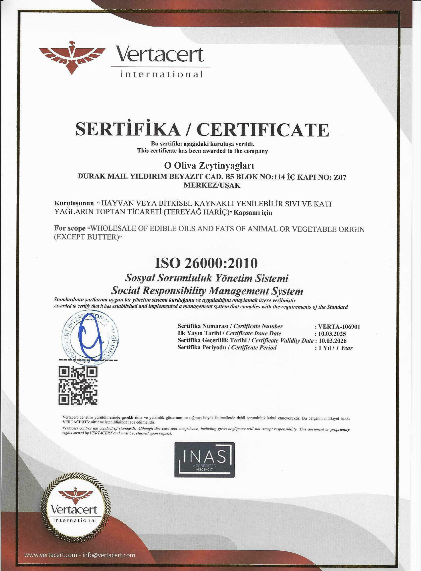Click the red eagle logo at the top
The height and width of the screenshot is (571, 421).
coord(72,57)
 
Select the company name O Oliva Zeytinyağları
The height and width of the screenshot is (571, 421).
coord(209,166)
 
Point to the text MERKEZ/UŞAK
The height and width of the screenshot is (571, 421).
coord(212,185)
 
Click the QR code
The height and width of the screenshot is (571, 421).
coord(78,386)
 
